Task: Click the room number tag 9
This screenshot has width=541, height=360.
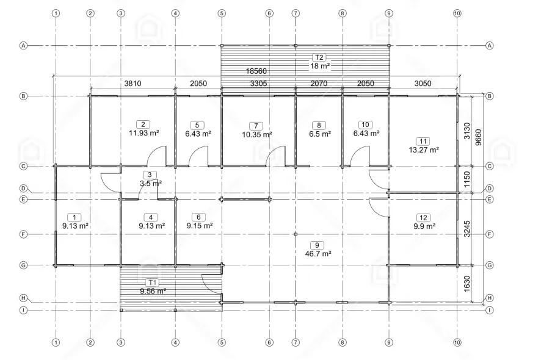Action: point(317,245)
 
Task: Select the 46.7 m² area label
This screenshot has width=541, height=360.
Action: point(318,254)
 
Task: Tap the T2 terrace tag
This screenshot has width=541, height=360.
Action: point(319,57)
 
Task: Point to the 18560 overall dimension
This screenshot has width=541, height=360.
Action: point(256,71)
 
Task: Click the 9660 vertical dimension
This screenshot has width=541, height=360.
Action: point(478,137)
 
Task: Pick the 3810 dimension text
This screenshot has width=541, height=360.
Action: point(133,83)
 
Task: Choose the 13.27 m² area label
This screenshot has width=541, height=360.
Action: point(424,149)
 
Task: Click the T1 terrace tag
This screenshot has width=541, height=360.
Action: point(153,283)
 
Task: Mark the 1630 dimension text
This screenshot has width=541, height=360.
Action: point(467,284)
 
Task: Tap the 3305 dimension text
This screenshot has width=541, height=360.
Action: point(258,83)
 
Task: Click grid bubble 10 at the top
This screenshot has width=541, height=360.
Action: point(457,13)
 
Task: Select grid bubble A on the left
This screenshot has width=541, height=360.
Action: point(23,46)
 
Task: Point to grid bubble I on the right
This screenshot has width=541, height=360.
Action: point(489,311)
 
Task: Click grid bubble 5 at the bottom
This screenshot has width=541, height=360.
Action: point(222,342)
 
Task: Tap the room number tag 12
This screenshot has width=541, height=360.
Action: point(423,218)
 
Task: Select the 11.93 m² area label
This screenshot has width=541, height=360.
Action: point(144,133)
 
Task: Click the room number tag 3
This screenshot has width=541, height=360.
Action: point(150,175)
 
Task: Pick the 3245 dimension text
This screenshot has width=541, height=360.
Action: point(467,229)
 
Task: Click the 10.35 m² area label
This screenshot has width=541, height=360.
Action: point(256,134)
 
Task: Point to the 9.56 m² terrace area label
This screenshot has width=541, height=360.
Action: point(153,291)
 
